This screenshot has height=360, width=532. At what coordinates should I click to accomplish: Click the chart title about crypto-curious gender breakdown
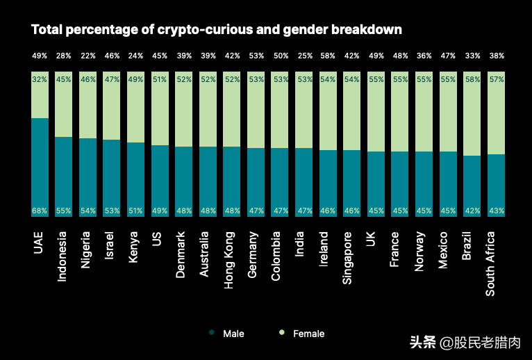click(x=217, y=30)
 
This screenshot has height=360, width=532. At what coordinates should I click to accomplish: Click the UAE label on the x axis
click(x=40, y=243)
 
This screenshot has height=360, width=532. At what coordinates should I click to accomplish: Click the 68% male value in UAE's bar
click(x=40, y=210)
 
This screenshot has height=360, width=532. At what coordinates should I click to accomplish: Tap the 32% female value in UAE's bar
click(x=40, y=79)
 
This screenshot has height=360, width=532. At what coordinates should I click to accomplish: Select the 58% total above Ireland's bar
click(x=328, y=56)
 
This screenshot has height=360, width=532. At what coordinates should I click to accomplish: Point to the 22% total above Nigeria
click(x=88, y=56)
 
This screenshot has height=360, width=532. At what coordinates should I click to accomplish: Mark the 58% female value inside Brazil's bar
click(x=472, y=79)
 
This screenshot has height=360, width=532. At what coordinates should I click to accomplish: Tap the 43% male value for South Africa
click(x=496, y=210)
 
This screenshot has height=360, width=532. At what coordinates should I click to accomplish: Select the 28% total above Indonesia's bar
click(x=64, y=56)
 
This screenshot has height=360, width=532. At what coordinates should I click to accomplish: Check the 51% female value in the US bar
click(x=160, y=79)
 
